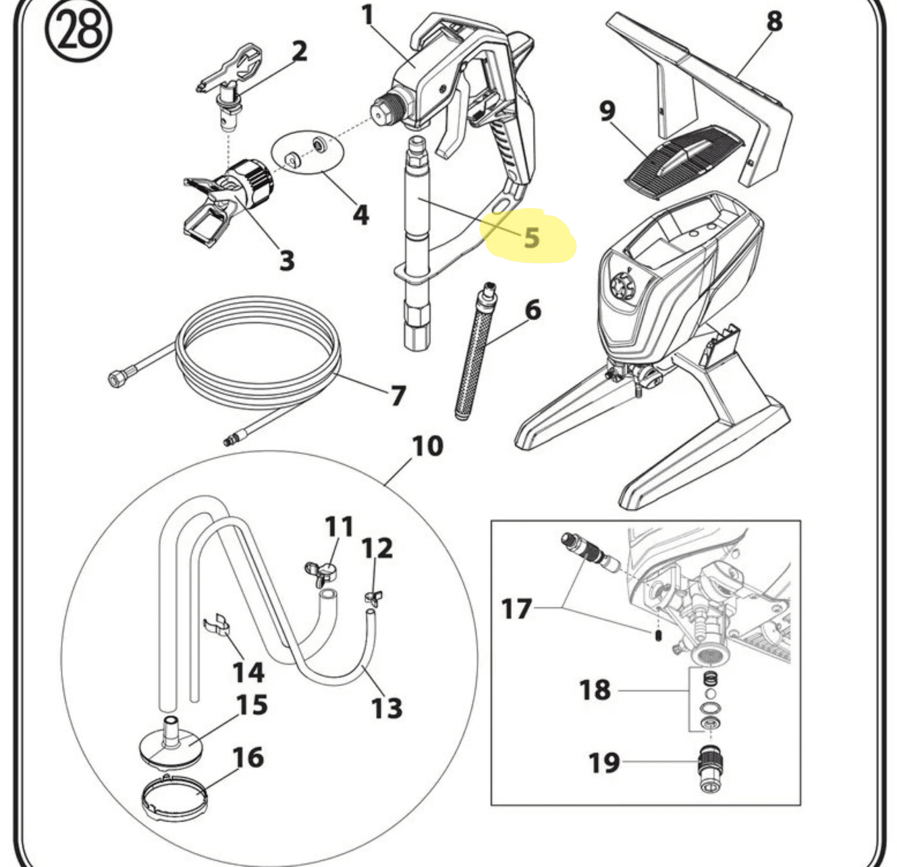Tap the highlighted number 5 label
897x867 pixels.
531,237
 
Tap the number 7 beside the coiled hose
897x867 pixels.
397,396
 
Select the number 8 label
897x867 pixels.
774,22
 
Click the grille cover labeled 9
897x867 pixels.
682,160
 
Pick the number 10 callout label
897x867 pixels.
427,446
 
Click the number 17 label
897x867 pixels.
517,609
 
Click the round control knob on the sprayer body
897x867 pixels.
623,286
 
